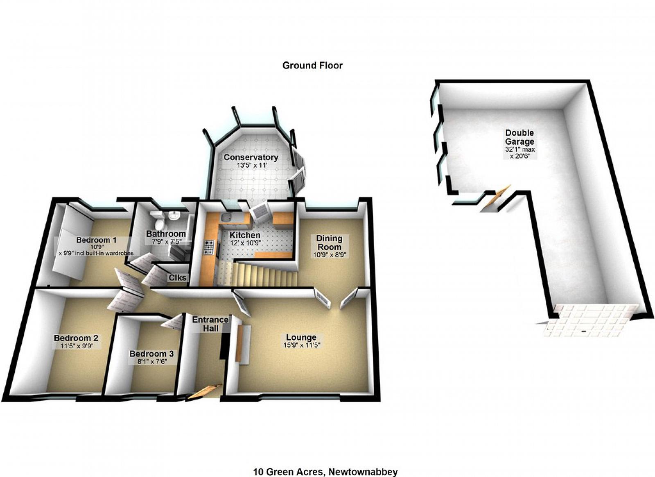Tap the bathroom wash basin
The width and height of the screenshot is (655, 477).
(174, 215)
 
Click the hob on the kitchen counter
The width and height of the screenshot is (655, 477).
(209, 247)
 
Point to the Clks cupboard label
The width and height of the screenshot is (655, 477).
(178, 278)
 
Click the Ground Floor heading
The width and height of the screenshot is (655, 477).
(312, 65)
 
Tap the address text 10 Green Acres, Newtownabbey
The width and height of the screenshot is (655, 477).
(325, 472)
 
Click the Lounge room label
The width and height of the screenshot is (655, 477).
(301, 337)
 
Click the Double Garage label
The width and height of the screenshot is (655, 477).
(519, 137)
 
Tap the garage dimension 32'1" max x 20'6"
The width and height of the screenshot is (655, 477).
(519, 153)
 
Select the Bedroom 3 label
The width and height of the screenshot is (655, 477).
(151, 354)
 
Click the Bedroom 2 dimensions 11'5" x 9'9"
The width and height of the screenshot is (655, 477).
(77, 346)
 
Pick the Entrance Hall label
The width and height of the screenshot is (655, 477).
(210, 324)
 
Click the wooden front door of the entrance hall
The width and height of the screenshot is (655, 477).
(203, 391)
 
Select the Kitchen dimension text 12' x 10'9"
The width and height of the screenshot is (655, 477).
(245, 243)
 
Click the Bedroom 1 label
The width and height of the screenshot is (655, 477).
(93, 240)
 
